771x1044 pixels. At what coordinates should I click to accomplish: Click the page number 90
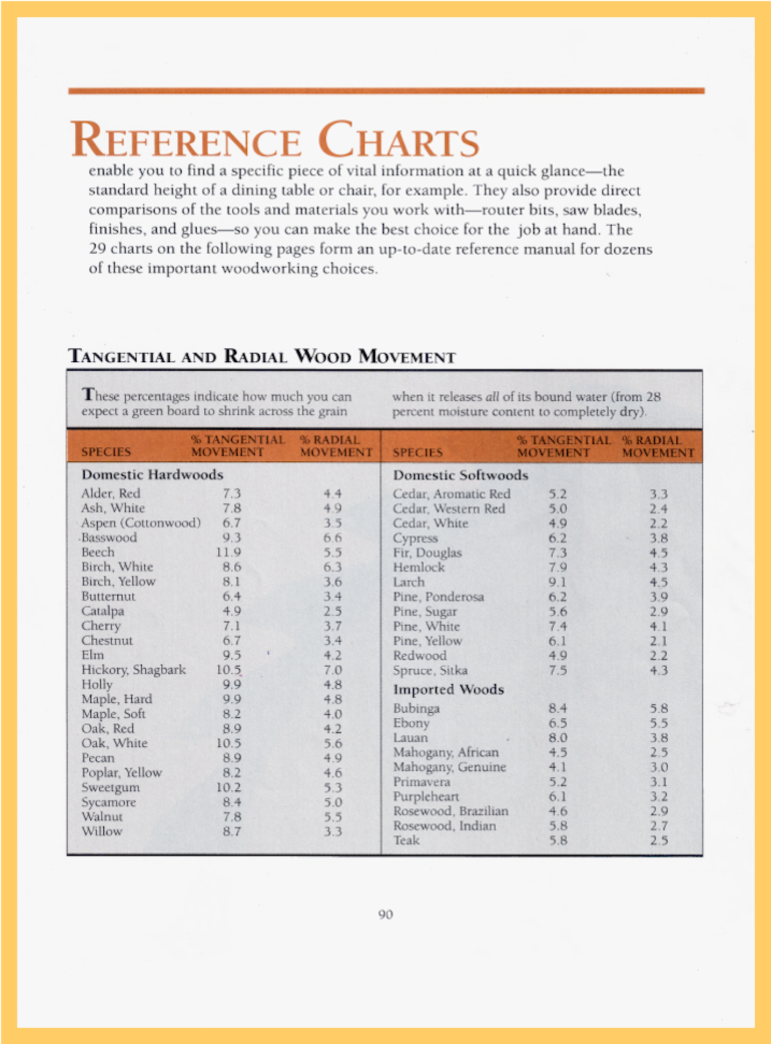[x=386, y=914]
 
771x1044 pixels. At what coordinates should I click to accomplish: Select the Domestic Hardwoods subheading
[x=152, y=475]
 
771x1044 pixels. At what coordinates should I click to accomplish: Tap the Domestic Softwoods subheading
[x=461, y=475]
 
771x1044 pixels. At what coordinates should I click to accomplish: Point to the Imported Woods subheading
[x=448, y=689]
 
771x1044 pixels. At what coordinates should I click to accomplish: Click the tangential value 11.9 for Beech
[x=229, y=552]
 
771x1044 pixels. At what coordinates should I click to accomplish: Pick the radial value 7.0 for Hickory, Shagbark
[x=333, y=670]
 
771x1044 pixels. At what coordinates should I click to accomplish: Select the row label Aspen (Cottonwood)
[x=141, y=523]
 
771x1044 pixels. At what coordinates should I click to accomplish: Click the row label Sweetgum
[x=110, y=787]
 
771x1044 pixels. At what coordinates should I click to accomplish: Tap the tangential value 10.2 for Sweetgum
[x=229, y=787]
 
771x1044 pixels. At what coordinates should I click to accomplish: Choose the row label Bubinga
[x=416, y=708]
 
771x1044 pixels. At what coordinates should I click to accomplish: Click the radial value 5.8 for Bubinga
[x=659, y=708]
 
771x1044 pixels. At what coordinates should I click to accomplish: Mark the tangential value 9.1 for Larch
[x=558, y=582]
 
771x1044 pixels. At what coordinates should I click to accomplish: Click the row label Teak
[x=406, y=840]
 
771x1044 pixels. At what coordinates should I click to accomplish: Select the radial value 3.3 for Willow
[x=333, y=831]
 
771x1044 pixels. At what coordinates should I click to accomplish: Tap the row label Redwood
[x=419, y=655]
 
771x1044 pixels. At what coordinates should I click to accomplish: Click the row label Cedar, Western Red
[x=449, y=509]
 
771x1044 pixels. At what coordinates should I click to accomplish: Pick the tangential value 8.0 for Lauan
[x=558, y=738]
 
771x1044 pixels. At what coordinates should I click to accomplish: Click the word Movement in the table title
[x=407, y=356]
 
